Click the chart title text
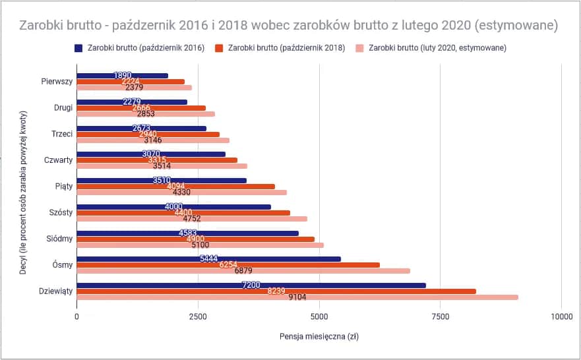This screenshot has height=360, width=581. pos(290,26)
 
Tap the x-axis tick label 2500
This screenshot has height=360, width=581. pos(198,316)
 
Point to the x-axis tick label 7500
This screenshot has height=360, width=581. pos(440,316)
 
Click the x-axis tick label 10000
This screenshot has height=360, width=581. pos(561,316)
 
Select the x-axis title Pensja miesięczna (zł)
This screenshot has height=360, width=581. pos(319,336)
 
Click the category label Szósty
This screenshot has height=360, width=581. pos(60,212)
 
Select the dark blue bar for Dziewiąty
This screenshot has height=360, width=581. pos(251,285)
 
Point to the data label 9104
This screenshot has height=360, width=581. pos(298,297)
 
